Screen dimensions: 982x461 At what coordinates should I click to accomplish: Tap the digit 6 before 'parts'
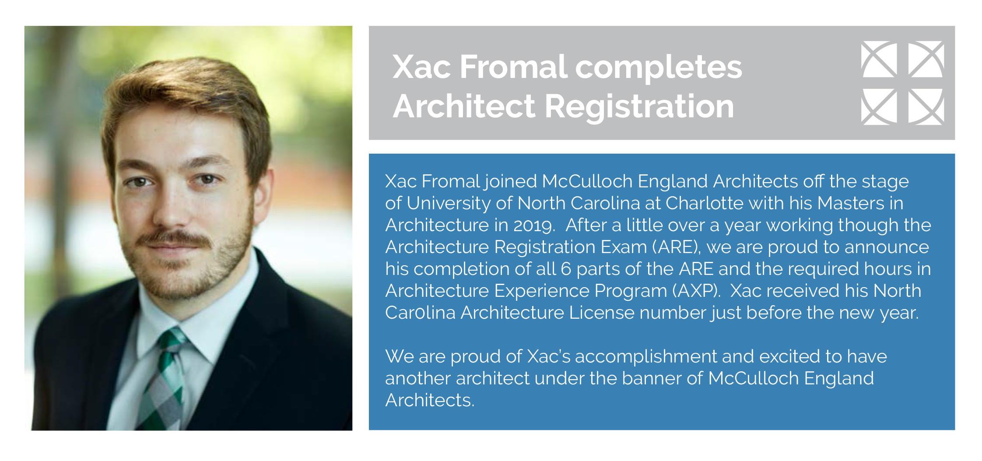click(566, 269)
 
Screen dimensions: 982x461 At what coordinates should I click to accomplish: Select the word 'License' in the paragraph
click(601, 313)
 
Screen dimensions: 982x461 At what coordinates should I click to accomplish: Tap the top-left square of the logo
click(879, 59)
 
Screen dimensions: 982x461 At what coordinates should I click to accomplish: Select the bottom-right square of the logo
click(926, 106)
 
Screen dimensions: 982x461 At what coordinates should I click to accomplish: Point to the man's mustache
click(175, 239)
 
